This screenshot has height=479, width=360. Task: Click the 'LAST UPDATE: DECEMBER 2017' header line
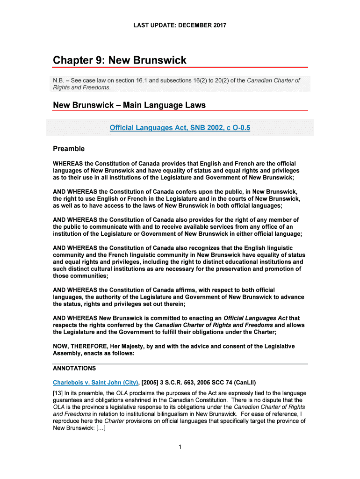coord(180,25)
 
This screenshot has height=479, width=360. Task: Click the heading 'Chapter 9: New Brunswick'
coord(119,60)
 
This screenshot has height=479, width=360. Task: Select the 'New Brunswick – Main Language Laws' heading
coord(129,105)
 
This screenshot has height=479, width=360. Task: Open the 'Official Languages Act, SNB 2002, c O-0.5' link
coord(180,127)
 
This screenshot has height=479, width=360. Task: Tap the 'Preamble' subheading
coord(68,149)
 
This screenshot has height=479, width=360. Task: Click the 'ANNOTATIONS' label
coord(74,368)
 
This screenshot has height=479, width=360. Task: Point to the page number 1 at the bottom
coord(180,447)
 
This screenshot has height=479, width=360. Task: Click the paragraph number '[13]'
coord(59,393)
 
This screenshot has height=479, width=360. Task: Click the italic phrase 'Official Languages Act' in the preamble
coord(257,318)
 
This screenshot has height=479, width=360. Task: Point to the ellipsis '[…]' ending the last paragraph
coord(97,428)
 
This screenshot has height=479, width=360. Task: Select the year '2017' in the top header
coord(219,25)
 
